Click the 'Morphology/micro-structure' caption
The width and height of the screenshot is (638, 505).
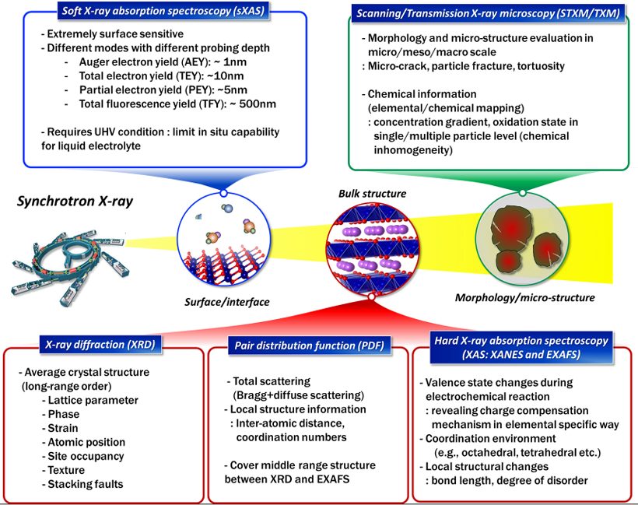525,298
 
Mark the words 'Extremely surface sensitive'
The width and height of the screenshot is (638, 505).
113,35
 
